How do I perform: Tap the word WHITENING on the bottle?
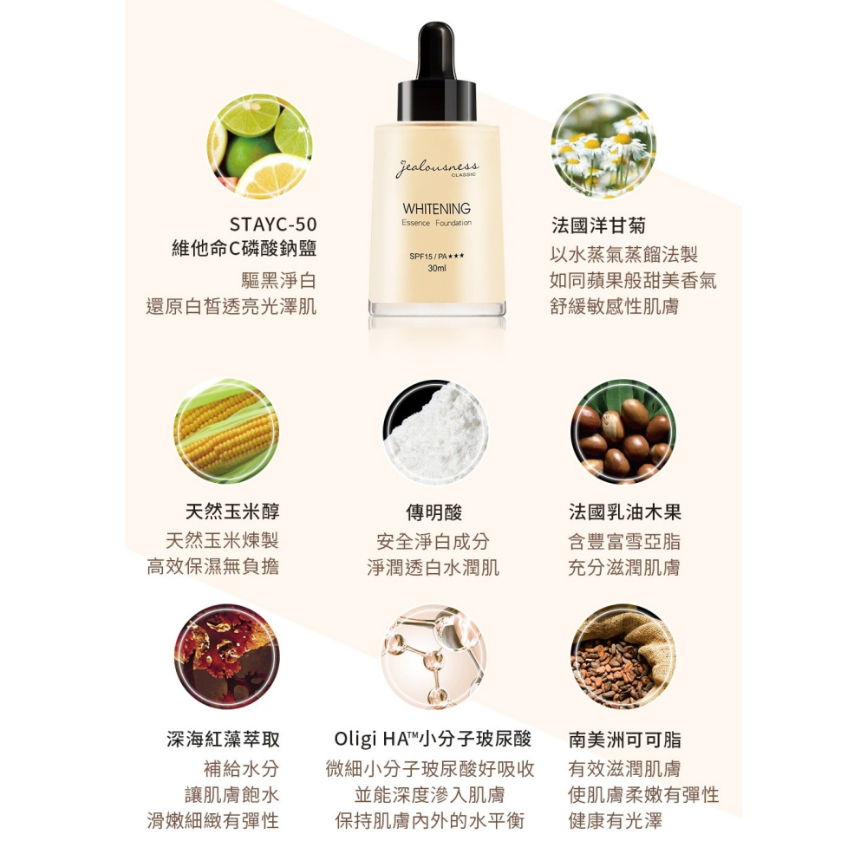pyautogui.click(x=436, y=209)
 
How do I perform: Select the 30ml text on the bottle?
pyautogui.click(x=436, y=269)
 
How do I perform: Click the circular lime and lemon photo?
pyautogui.click(x=260, y=146)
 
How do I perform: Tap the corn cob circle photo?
pyautogui.click(x=226, y=431)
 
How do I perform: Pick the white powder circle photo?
pyautogui.click(x=435, y=431)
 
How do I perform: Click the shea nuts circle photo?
pyautogui.click(x=623, y=431)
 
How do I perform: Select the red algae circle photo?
pyautogui.click(x=226, y=656)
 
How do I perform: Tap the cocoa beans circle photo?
pyautogui.click(x=623, y=656)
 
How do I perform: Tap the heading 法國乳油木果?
pyautogui.click(x=624, y=512)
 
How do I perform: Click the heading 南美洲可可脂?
pyautogui.click(x=624, y=740)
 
